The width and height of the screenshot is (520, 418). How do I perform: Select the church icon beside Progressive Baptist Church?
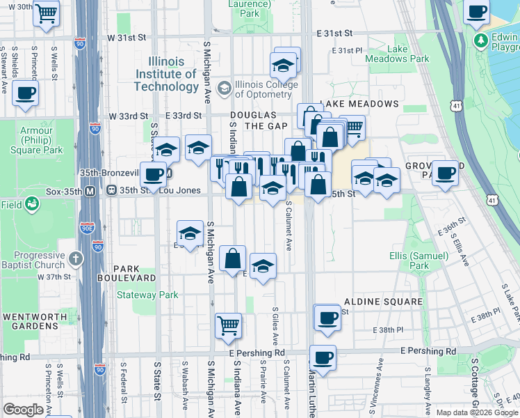(76, 259)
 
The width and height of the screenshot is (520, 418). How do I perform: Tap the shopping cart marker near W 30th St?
(47, 12)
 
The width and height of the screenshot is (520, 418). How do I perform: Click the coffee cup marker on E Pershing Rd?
(323, 358)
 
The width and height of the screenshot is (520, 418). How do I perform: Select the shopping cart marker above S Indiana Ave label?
(228, 325)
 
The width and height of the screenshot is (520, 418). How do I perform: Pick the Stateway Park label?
(147, 295)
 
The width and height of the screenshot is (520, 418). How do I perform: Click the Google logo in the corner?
(24, 409)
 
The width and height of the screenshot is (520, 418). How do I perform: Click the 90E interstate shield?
(87, 226)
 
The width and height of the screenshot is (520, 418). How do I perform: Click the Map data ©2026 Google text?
(477, 412)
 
